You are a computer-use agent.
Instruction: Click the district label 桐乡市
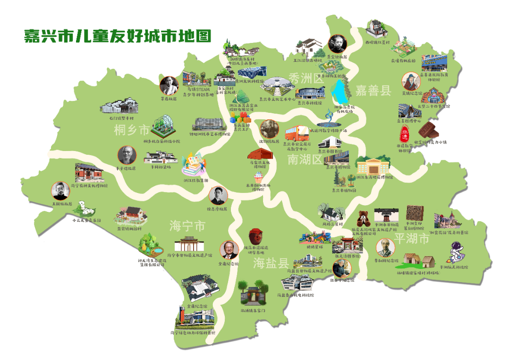click(131, 130)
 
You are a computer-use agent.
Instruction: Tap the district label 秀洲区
click(306, 78)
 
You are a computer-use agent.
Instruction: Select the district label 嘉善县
click(373, 91)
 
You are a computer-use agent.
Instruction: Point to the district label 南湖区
click(305, 160)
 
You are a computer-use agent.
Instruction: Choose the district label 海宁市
click(187, 226)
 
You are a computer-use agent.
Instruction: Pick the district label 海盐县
click(270, 263)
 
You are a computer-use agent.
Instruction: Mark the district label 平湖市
click(412, 239)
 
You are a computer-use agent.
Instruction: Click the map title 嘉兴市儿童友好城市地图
click(118, 36)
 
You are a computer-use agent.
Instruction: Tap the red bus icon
click(296, 133)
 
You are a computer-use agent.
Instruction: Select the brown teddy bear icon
click(364, 218)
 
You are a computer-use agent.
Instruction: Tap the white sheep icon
click(86, 207)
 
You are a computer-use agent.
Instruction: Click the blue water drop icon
click(340, 92)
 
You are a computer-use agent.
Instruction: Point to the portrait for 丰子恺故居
click(127, 155)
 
